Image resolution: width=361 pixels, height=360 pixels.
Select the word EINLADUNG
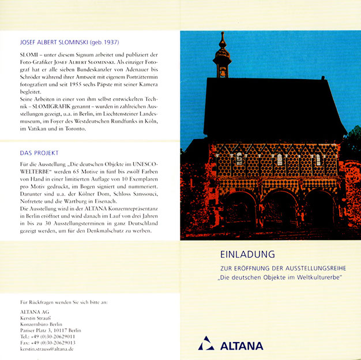[247, 254]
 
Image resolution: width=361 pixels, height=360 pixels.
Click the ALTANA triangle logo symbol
[206, 344]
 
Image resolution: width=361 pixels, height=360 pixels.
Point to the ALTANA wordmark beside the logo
[242, 346]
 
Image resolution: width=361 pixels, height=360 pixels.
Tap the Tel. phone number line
[47, 336]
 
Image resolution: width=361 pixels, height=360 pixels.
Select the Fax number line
[47, 343]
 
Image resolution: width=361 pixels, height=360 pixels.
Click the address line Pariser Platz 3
[50, 330]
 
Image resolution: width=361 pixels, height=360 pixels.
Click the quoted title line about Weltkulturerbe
[281, 278]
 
